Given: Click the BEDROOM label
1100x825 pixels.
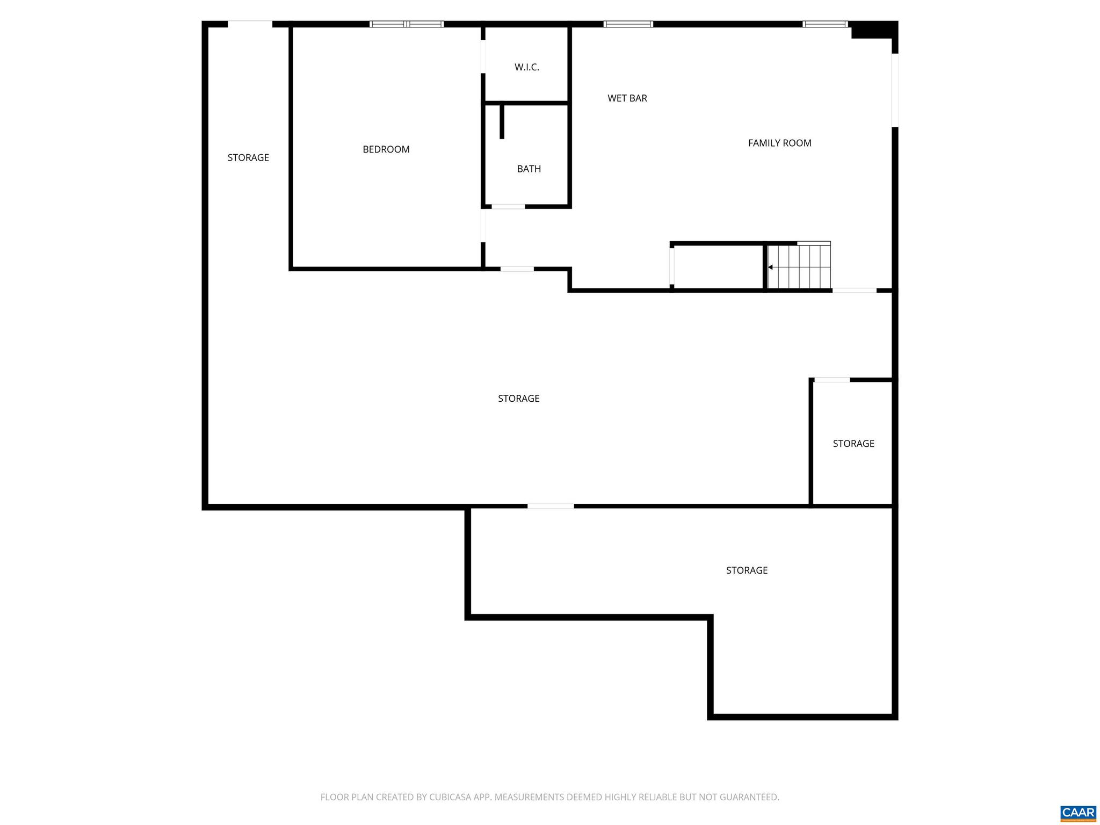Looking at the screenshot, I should pos(386,149).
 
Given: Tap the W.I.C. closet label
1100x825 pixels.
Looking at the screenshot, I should pos(526,67).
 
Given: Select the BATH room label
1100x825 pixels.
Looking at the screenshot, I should pos(529,169).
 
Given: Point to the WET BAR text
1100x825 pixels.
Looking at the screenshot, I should pos(627,98).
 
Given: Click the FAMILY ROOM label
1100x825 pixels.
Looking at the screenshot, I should pos(779,143).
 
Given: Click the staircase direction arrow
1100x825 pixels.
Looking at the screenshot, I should pos(770,267).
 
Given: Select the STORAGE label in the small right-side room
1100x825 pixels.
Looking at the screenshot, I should pos(853,444).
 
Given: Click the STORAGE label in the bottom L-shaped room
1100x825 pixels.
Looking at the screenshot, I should pos(747,570).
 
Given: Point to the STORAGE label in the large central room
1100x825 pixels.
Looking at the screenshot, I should pos(518,399).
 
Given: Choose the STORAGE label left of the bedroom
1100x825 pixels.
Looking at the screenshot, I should pos(248,157).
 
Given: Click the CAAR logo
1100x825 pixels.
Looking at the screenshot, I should pos(1077,813).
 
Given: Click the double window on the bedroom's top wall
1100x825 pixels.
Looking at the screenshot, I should pos(407,24).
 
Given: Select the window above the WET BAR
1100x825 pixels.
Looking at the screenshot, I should pos(628,24).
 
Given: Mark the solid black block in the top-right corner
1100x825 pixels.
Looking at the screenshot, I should pos(874,30).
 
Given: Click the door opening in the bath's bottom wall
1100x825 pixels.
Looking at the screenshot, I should pos(508,206).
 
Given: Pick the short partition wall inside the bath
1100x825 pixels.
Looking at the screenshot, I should pos(502,122).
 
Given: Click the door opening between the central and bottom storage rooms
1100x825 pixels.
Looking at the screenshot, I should pos(551,506).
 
